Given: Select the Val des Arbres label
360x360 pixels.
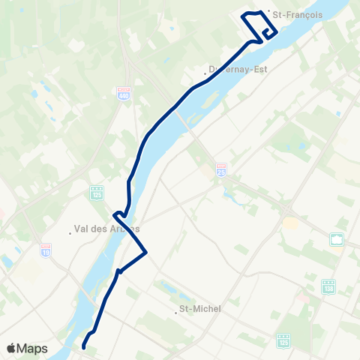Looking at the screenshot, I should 109,228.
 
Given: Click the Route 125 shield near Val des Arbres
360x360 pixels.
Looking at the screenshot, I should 96,192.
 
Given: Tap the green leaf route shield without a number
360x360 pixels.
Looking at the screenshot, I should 337,239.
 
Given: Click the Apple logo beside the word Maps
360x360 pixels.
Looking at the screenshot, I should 12,348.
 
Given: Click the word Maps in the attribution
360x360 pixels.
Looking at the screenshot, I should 33,348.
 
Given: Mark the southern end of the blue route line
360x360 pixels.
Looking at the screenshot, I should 83,347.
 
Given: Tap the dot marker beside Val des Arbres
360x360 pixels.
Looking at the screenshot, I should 70,232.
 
